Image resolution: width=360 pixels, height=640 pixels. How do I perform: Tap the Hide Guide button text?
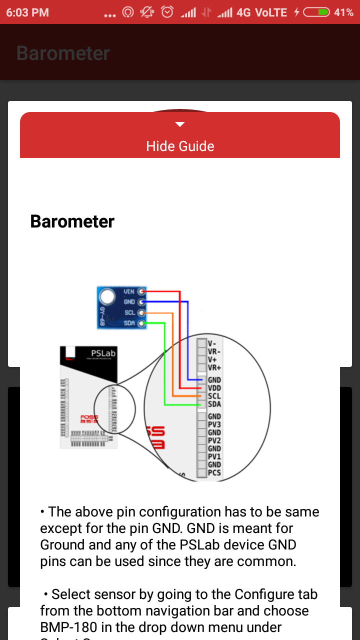click(180, 146)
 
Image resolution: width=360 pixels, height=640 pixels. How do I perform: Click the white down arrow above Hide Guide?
click(180, 124)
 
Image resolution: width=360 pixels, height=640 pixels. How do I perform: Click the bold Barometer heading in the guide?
click(72, 221)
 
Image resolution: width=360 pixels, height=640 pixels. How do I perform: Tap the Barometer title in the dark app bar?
click(63, 53)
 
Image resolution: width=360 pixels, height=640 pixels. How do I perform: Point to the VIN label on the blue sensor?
click(128, 291)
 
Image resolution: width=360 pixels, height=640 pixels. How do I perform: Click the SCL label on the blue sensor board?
click(130, 313)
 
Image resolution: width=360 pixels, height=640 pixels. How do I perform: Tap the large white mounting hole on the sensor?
click(107, 297)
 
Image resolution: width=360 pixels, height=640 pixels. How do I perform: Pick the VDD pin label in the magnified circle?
click(214, 388)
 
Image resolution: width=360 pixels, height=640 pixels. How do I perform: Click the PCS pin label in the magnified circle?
click(214, 472)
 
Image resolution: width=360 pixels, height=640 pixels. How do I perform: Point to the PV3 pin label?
click(214, 424)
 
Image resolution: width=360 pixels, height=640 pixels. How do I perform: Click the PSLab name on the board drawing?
click(103, 353)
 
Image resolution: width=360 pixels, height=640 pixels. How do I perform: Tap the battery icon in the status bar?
click(316, 12)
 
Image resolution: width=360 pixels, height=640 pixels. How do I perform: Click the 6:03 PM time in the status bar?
click(27, 12)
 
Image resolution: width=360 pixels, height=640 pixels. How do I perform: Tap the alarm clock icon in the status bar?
click(167, 12)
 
